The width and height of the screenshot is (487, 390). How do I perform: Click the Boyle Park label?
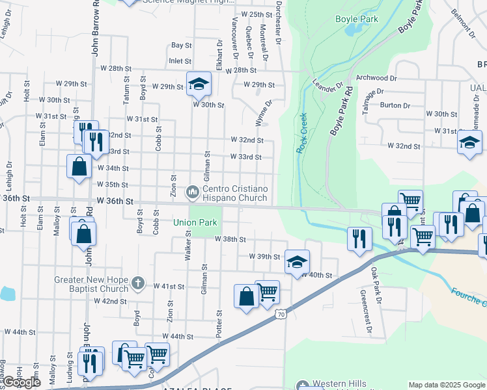pyautogui.click(x=357, y=19)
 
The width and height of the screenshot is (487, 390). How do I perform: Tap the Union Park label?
pyautogui.click(x=195, y=222)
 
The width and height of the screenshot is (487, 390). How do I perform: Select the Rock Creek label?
pyautogui.click(x=302, y=133)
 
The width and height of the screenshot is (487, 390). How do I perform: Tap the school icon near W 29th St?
pyautogui.click(x=199, y=83)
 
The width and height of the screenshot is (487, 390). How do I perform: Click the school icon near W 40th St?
pyautogui.click(x=296, y=262)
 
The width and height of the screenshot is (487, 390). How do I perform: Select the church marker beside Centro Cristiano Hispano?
pyautogui.click(x=192, y=193)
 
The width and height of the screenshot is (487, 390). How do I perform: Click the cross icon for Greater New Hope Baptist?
pyautogui.click(x=137, y=283)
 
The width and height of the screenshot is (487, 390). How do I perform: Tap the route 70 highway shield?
pyautogui.click(x=281, y=314)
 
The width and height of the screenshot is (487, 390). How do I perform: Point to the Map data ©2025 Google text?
pyautogui.click(x=447, y=385)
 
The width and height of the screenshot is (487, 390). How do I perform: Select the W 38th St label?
pyautogui.click(x=230, y=239)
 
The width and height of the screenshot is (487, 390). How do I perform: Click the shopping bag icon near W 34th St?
pyautogui.click(x=79, y=166)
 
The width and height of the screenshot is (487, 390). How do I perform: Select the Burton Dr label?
pyautogui.click(x=395, y=105)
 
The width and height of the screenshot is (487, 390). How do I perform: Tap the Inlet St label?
pyautogui.click(x=180, y=61)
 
